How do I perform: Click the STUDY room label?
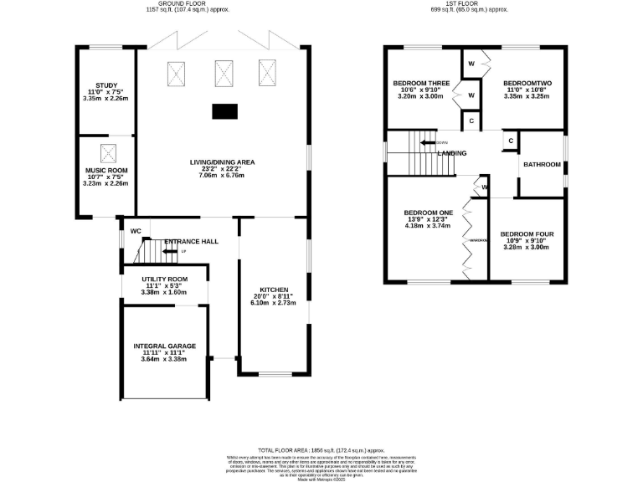pyautogui.click(x=106, y=85)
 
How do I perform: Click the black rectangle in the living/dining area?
pyautogui.click(x=224, y=110)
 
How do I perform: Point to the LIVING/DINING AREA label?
pyautogui.click(x=222, y=162)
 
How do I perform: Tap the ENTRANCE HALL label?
pyautogui.click(x=191, y=241)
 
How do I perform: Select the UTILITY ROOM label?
pyautogui.click(x=164, y=279)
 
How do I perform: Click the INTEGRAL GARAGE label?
pyautogui.click(x=164, y=346)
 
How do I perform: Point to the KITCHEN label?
pyautogui.click(x=273, y=289)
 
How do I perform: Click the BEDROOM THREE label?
pyautogui.click(x=423, y=84)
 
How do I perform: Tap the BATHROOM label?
pyautogui.click(x=542, y=164)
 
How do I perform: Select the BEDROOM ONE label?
pyautogui.click(x=428, y=213)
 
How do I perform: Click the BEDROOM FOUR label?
pyautogui.click(x=525, y=233)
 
